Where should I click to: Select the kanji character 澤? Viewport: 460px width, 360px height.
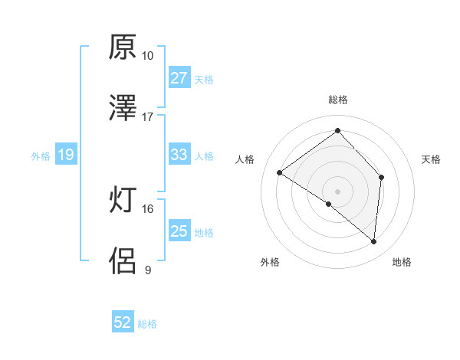(x=123, y=108)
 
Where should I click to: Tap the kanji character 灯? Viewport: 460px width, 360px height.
(x=123, y=201)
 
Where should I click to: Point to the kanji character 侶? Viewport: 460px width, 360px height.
(x=123, y=261)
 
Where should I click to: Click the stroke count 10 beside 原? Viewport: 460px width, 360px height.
(x=147, y=56)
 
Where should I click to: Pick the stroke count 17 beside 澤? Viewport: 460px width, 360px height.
(x=147, y=116)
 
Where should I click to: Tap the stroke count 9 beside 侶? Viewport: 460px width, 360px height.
(x=147, y=270)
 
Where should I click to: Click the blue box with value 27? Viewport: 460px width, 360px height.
(x=179, y=78)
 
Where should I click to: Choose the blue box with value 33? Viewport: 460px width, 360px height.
(x=179, y=155)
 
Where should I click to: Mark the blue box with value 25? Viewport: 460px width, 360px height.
(x=179, y=231)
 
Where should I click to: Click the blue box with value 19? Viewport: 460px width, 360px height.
(x=65, y=155)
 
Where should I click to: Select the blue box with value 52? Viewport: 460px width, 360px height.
(x=123, y=322)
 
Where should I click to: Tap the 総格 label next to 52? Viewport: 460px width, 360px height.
(x=148, y=324)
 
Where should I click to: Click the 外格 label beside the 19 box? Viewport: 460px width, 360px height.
(x=41, y=156)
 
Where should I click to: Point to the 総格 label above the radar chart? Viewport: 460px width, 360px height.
(x=338, y=100)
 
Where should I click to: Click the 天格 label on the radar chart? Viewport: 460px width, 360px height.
(x=432, y=159)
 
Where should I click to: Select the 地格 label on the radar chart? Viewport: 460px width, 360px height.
(x=402, y=262)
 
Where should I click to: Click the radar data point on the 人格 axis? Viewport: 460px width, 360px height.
(x=280, y=173)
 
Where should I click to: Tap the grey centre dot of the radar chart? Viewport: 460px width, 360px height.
(x=338, y=191)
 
